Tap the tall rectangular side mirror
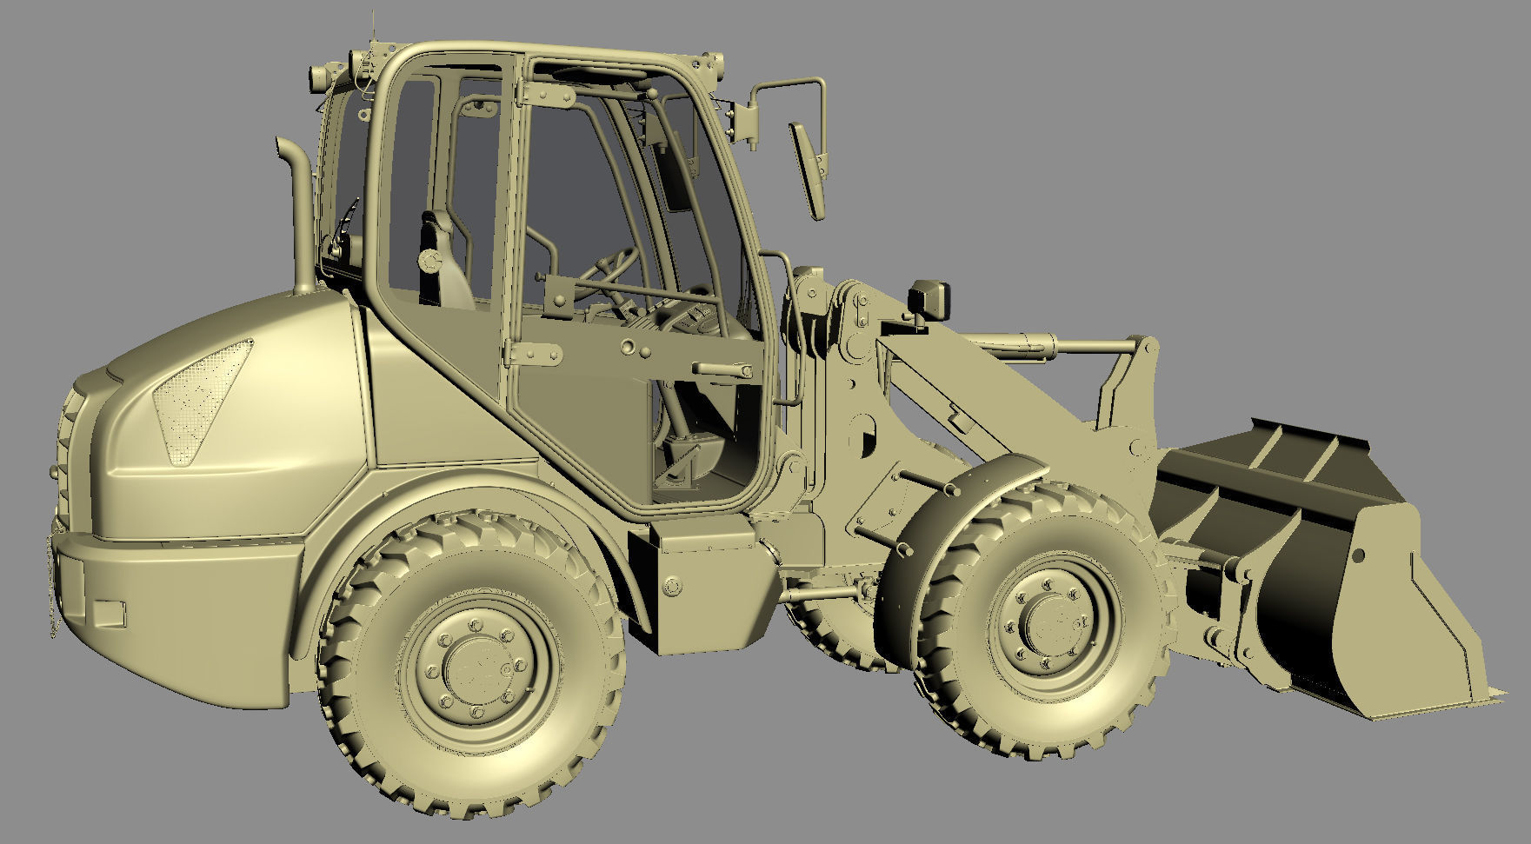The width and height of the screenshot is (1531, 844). [x=808, y=169]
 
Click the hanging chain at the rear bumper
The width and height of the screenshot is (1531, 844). [x=54, y=591]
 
